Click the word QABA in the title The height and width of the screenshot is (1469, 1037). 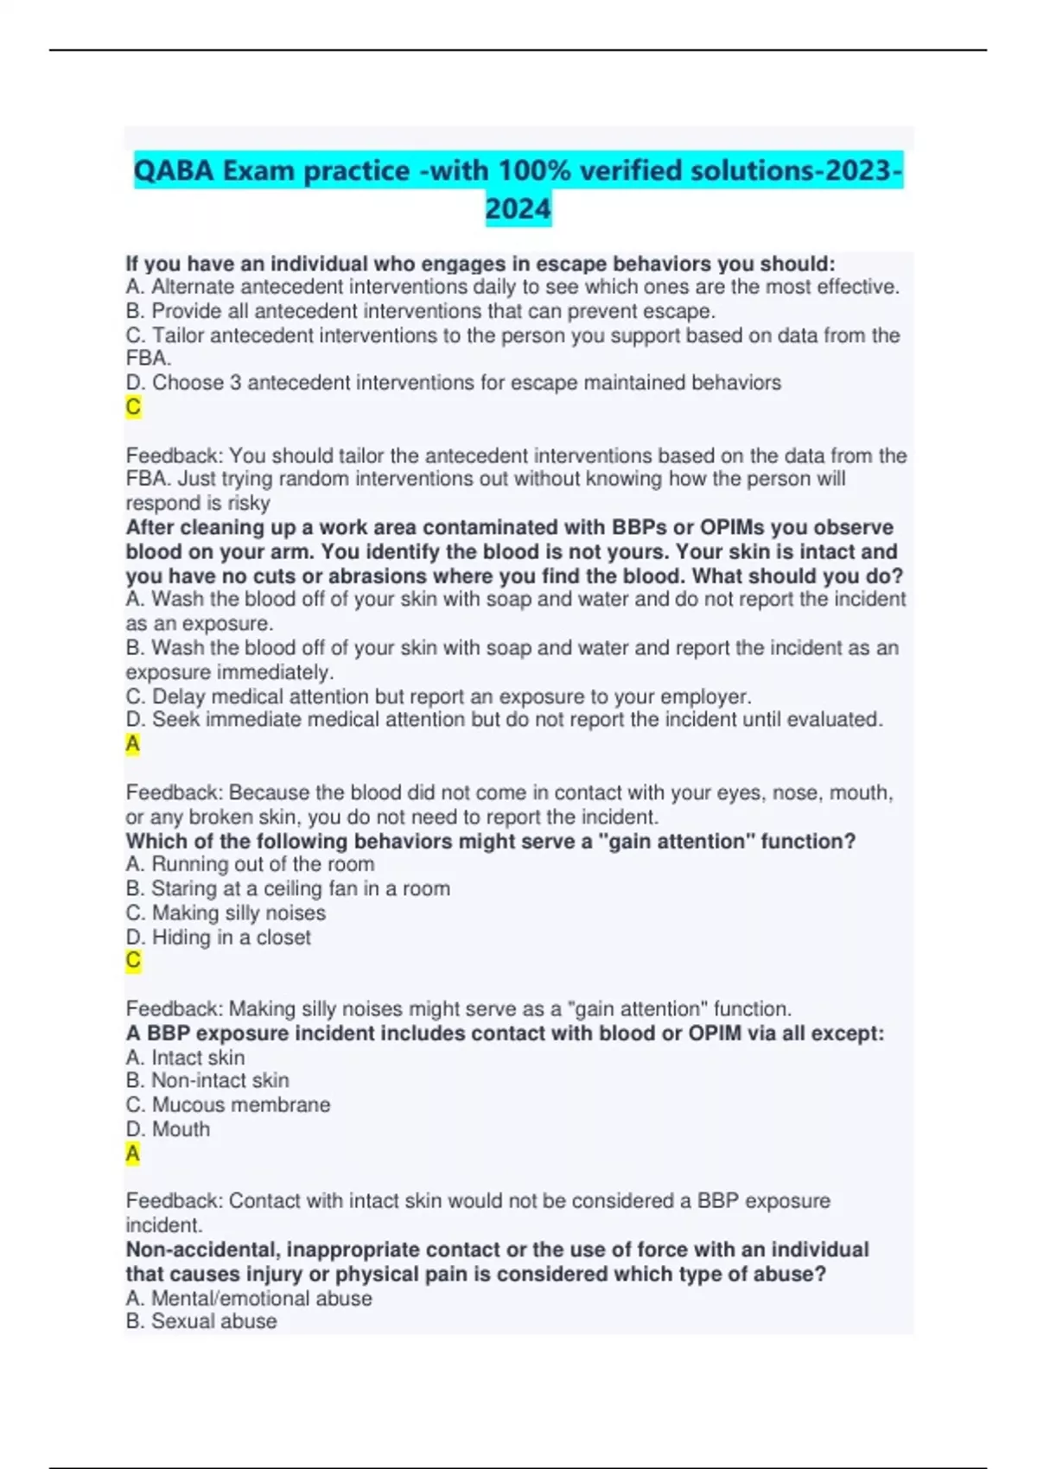point(174,170)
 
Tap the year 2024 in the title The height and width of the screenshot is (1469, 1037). point(518,208)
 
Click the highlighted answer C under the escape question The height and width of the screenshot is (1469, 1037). point(133,407)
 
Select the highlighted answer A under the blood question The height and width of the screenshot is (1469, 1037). point(133,744)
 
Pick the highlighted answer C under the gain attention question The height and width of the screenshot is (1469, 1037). point(133,960)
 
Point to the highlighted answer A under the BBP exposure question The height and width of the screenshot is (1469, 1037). point(133,1154)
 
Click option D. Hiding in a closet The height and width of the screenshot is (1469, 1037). point(218,937)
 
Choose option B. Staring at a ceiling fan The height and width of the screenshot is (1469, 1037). point(288,888)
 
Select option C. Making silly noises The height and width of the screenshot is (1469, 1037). point(226,913)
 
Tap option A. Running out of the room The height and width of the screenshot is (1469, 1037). point(250,864)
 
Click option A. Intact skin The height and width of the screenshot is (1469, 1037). point(185,1057)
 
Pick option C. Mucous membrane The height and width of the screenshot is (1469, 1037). point(228,1104)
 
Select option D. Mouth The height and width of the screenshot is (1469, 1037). point(168,1129)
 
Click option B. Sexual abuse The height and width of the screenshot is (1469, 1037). point(201,1321)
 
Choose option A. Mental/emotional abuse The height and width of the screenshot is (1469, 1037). point(249,1298)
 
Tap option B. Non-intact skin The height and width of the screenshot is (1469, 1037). point(207,1080)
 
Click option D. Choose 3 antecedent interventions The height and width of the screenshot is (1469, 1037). point(454,383)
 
